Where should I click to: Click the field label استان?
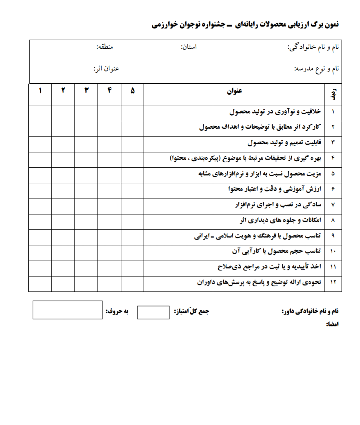tap(189, 47)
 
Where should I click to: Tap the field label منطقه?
tap(105, 47)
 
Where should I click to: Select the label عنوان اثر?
tap(106, 68)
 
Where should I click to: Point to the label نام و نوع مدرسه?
tap(316, 68)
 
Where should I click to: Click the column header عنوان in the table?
tap(234, 91)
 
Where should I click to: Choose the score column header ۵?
tap(133, 91)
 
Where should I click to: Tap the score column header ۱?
tap(40, 91)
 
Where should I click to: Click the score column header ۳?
tap(86, 91)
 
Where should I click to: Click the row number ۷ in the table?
tap(333, 205)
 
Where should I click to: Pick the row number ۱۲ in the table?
tap(333, 283)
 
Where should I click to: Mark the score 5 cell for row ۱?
tap(133, 113)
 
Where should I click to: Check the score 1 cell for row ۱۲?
tap(40, 284)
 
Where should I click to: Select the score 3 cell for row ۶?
tap(86, 190)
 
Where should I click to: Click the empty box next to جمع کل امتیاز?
tap(153, 312)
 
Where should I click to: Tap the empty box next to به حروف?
tap(67, 310)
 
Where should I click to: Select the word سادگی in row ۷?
tap(312, 205)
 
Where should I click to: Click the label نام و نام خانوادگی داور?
tap(310, 312)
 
